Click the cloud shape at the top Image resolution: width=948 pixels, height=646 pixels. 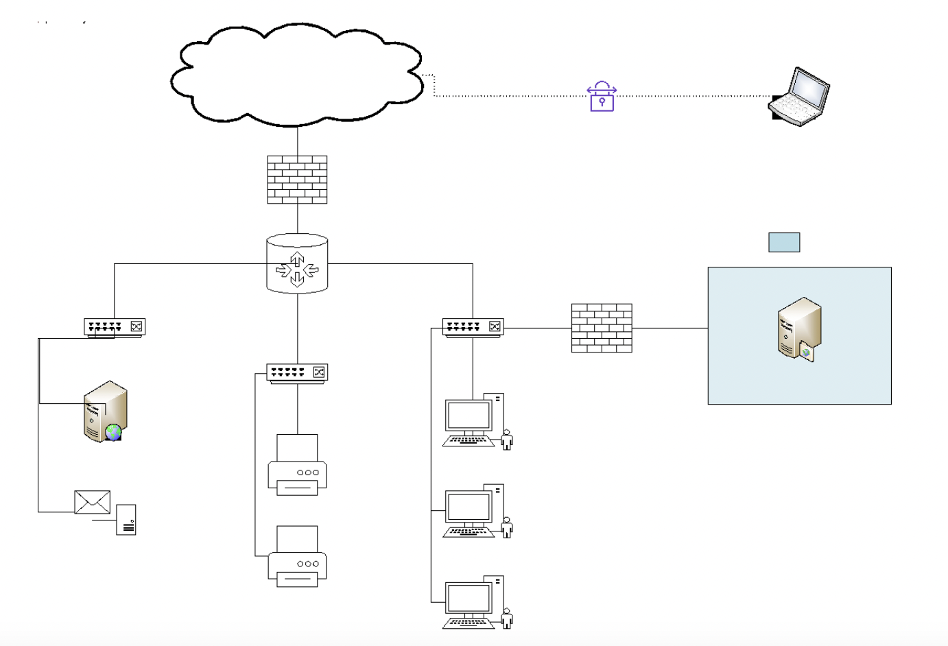pyautogui.click(x=296, y=75)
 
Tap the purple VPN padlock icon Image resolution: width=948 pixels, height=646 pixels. pyautogui.click(x=602, y=97)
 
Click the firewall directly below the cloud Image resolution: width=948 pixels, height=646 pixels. pyautogui.click(x=297, y=180)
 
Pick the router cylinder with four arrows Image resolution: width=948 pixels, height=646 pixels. pyautogui.click(x=297, y=264)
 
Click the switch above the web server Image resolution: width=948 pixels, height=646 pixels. pyautogui.click(x=115, y=327)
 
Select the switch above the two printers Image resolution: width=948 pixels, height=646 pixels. pyautogui.click(x=297, y=372)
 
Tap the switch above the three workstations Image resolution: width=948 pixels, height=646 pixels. pyautogui.click(x=473, y=327)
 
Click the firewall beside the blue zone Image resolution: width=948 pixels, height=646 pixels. pyautogui.click(x=602, y=328)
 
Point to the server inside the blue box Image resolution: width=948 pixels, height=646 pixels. pyautogui.click(x=799, y=329)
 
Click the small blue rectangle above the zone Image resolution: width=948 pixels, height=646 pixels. pyautogui.click(x=784, y=242)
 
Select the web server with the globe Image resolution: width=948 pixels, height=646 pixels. pyautogui.click(x=105, y=411)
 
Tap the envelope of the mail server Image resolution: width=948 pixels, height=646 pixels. pyautogui.click(x=93, y=502)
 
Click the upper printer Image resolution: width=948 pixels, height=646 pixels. pyautogui.click(x=297, y=464)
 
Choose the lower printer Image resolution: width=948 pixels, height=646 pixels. pyautogui.click(x=297, y=556)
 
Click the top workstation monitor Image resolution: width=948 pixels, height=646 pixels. pyautogui.click(x=469, y=416)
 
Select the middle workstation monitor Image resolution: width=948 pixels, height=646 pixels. pyautogui.click(x=469, y=508)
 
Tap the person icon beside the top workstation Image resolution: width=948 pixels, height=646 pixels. pyautogui.click(x=507, y=440)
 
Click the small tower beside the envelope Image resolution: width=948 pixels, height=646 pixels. pyautogui.click(x=126, y=519)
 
